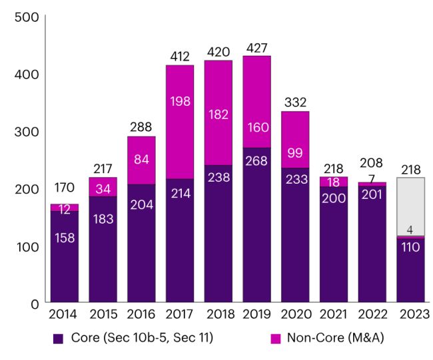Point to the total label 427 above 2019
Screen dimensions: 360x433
[256, 48]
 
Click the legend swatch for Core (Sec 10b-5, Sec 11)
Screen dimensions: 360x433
[59, 338]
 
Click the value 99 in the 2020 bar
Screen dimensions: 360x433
[295, 152]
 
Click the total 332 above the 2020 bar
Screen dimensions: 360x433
[295, 104]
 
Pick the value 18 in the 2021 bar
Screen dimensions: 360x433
[334, 182]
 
